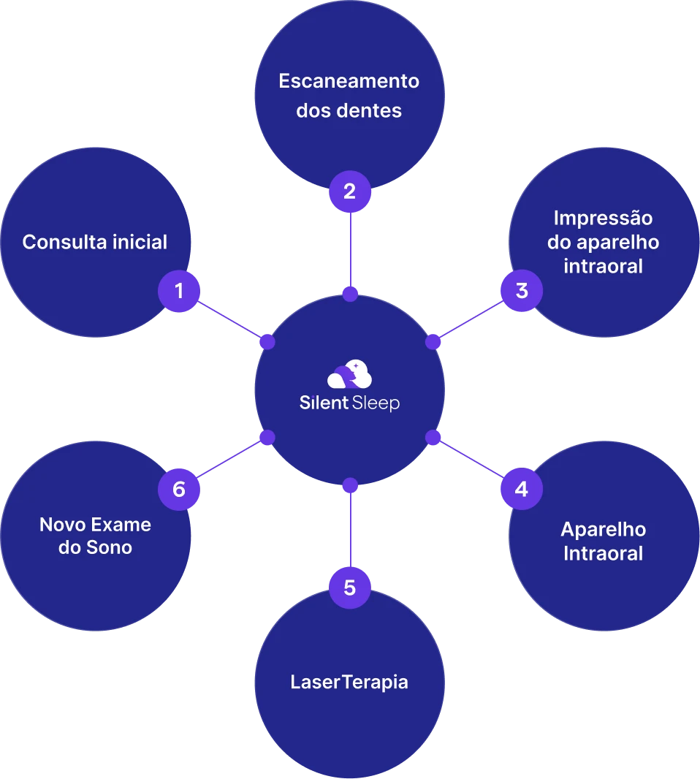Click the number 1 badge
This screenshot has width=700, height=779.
click(179, 292)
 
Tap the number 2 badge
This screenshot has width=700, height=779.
click(350, 191)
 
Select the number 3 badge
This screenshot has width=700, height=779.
click(521, 291)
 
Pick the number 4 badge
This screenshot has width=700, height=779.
click(521, 488)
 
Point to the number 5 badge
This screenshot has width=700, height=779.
click(350, 587)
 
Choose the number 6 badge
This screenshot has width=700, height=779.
click(179, 488)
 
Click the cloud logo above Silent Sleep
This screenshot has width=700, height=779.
click(349, 376)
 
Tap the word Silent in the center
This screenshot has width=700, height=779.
click(324, 403)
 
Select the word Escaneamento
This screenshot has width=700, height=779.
click(349, 81)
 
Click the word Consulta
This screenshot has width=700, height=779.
click(56, 242)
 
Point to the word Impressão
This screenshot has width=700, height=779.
click(603, 218)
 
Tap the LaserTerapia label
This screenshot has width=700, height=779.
click(349, 682)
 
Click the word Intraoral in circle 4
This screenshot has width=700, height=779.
click(603, 553)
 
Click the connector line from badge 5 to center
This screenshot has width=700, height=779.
click(350, 530)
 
